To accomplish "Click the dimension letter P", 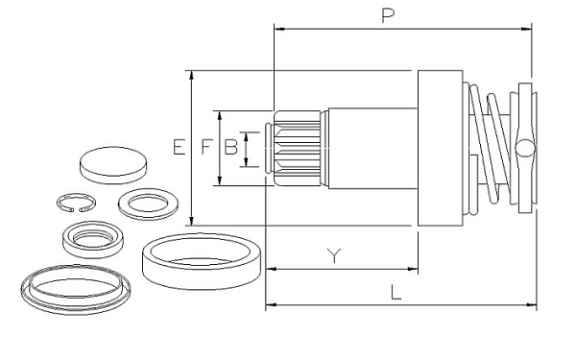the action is [x=388, y=15].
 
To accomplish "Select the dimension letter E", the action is [x=179, y=147].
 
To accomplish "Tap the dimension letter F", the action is [x=206, y=147].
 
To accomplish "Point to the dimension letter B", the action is [x=230, y=147].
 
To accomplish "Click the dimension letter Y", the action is [x=334, y=255].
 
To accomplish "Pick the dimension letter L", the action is [x=396, y=293].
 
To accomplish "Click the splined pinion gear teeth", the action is [x=297, y=148].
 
